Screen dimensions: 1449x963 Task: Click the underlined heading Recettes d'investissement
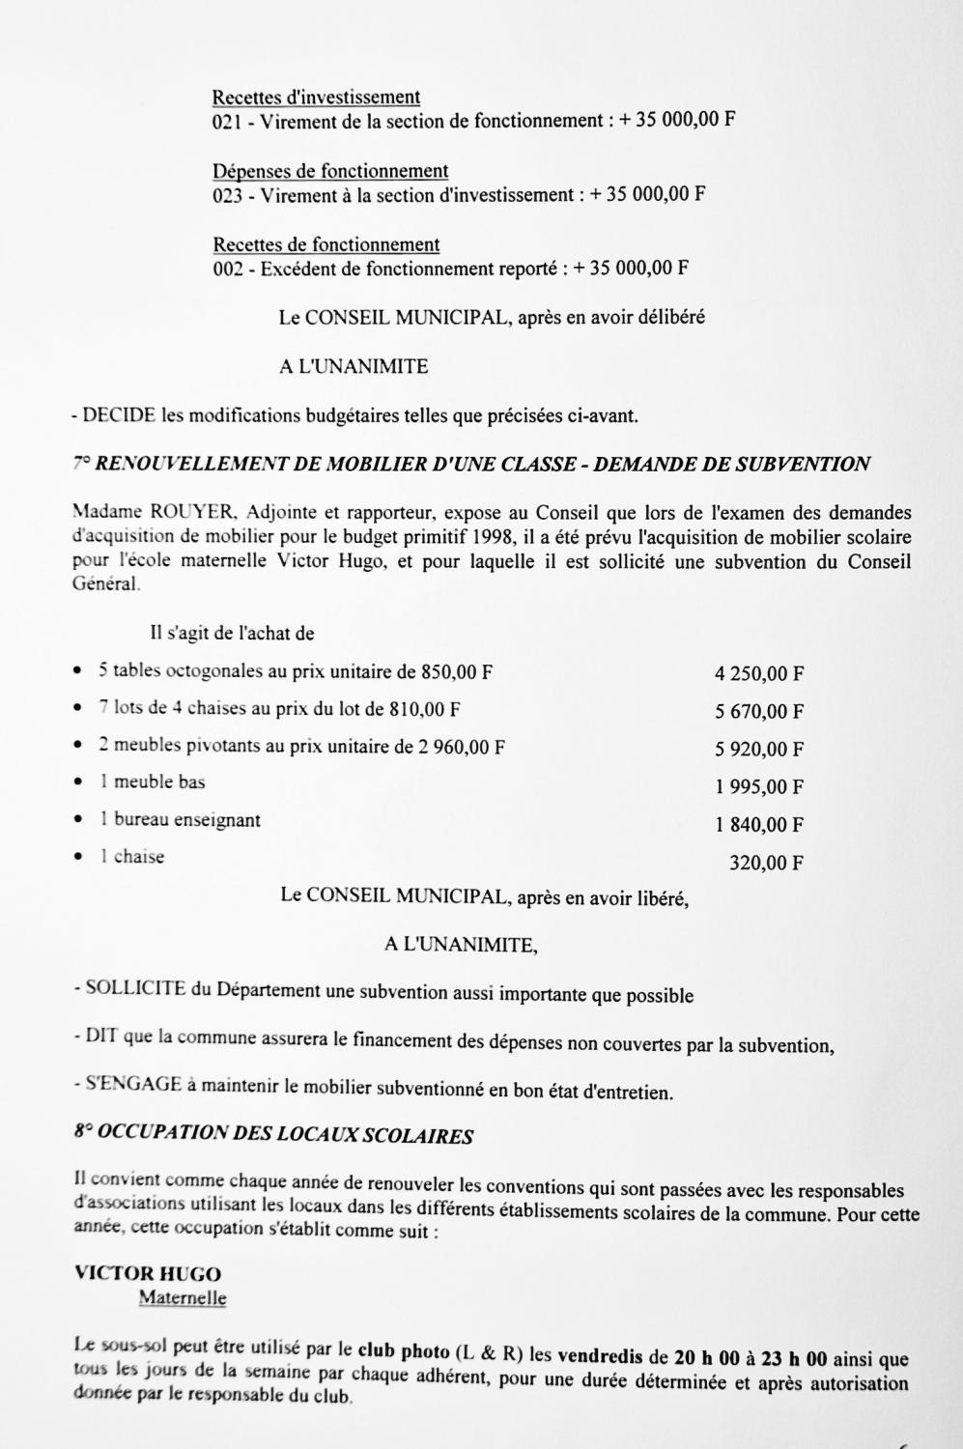coord(316,97)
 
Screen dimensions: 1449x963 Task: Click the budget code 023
coord(227,195)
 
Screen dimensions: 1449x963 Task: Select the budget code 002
coord(227,269)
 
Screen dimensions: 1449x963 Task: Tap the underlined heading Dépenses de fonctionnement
coord(330,171)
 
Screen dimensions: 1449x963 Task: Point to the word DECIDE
coord(119,416)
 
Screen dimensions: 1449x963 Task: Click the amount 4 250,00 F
coord(759,674)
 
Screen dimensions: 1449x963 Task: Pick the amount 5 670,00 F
coord(759,712)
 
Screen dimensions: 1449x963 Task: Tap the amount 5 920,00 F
coord(759,750)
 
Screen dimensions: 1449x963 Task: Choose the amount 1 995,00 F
coord(759,787)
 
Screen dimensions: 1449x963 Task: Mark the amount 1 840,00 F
coord(759,825)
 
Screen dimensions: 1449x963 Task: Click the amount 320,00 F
coord(766,863)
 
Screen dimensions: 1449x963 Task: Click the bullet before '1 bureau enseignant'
coord(78,819)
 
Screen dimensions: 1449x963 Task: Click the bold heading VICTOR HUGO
coord(147,1274)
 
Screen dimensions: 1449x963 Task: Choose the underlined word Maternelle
coord(183,1297)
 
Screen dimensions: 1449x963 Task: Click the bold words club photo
coord(403,1350)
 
